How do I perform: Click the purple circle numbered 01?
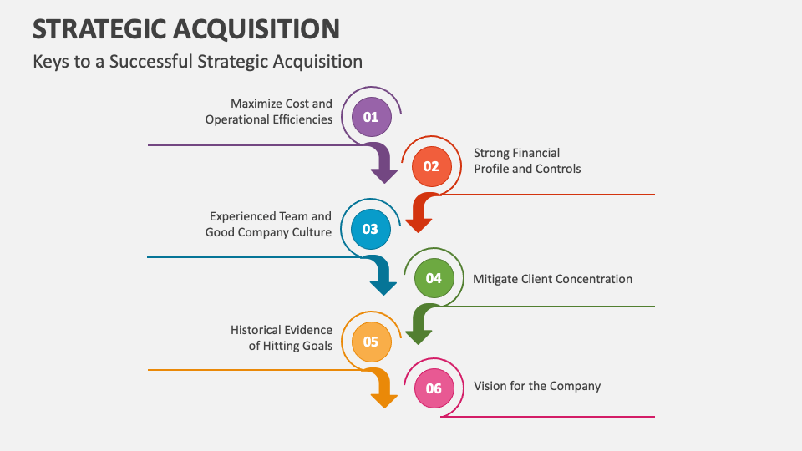tap(371, 117)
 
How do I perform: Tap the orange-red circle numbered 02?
tap(431, 166)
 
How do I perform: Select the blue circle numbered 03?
tap(371, 229)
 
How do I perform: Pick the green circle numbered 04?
tap(434, 278)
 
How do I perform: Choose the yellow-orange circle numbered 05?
tap(372, 342)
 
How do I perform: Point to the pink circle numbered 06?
tap(434, 388)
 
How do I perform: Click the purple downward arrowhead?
tap(384, 175)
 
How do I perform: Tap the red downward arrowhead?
tap(419, 225)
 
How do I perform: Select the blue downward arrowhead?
tap(383, 287)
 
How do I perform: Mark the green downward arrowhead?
tap(419, 337)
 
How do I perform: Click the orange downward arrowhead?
tap(384, 400)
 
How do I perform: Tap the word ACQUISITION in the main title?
tap(256, 29)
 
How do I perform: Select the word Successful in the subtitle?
tap(151, 61)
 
